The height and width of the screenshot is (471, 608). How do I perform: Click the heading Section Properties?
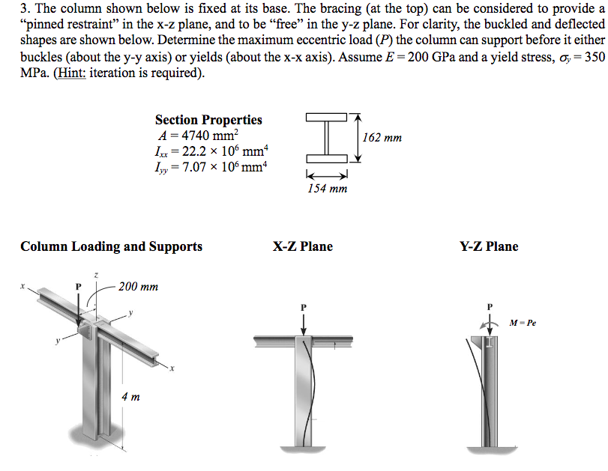(x=208, y=120)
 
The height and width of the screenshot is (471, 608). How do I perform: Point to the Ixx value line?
(x=210, y=151)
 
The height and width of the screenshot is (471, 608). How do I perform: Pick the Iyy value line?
(x=210, y=166)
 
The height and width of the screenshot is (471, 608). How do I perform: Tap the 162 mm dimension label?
(x=382, y=138)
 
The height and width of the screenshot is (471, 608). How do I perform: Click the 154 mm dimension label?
(x=328, y=189)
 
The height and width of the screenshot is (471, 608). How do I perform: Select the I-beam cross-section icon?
(x=327, y=138)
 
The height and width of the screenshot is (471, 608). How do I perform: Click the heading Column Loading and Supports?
(x=111, y=246)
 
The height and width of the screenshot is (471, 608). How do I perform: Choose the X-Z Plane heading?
(x=303, y=246)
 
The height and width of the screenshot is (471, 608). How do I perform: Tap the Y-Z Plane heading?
(x=490, y=246)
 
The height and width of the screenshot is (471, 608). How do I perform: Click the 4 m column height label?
(x=130, y=396)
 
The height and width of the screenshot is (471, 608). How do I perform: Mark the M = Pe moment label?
(x=523, y=323)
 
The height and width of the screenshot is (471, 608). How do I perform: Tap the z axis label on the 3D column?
(x=96, y=276)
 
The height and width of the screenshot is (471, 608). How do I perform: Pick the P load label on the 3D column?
(x=76, y=286)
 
